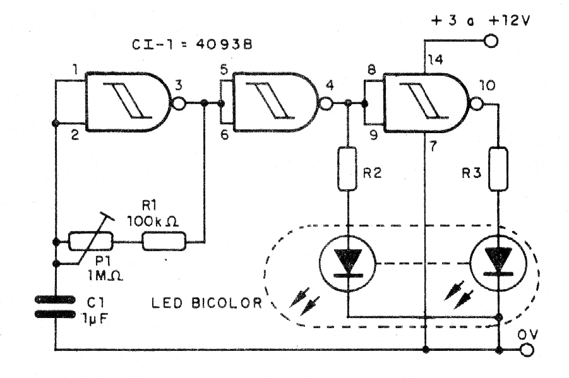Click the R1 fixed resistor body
click(x=164, y=240)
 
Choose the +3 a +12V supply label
click(x=481, y=20)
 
